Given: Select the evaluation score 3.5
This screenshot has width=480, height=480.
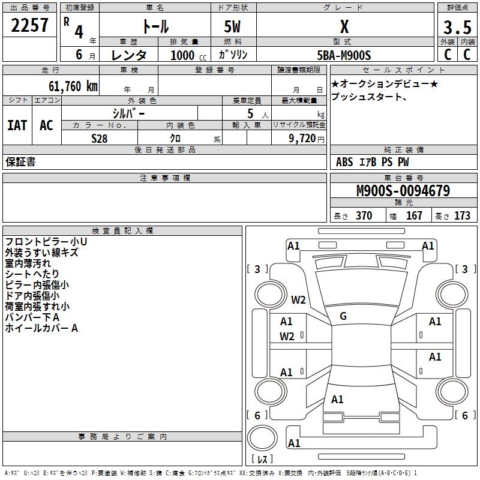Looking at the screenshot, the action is click(457, 28).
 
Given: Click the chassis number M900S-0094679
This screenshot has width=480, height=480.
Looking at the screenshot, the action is click(403, 191).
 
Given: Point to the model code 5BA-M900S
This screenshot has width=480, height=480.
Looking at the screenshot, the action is click(344, 55).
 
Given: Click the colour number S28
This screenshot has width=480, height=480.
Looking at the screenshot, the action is click(99, 139).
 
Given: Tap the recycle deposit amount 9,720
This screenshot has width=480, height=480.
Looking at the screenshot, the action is click(299, 139).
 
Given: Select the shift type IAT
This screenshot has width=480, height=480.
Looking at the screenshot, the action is click(17, 125).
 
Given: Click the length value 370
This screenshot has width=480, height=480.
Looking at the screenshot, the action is click(364, 215).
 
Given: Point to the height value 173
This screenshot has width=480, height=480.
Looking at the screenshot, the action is click(462, 215).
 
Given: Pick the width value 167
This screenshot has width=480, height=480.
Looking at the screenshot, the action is click(414, 215).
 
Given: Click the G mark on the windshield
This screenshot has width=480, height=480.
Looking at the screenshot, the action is click(343, 316).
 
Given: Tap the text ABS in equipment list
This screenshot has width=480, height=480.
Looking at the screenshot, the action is click(344, 162).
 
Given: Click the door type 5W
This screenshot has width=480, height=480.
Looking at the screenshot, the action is click(233, 28).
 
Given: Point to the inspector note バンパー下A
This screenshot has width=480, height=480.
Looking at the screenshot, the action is click(32, 317).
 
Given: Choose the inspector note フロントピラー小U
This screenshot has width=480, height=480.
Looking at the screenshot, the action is click(46, 242).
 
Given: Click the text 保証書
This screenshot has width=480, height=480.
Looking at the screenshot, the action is click(20, 162).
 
